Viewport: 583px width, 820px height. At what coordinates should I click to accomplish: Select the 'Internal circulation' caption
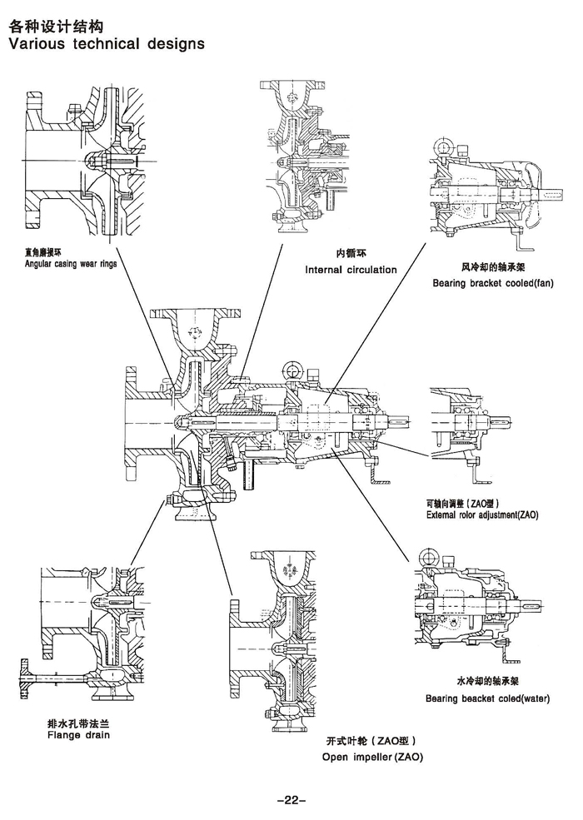click(x=351, y=270)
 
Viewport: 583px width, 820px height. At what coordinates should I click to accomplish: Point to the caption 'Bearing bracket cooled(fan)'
click(x=493, y=283)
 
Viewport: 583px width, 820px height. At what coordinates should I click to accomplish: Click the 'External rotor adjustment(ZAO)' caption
click(x=482, y=515)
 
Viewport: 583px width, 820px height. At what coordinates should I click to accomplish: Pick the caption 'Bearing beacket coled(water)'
click(x=487, y=698)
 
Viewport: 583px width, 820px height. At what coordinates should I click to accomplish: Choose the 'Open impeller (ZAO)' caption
click(x=372, y=757)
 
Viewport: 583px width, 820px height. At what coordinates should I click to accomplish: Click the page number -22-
click(x=291, y=800)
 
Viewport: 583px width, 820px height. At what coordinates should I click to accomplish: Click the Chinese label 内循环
click(x=351, y=253)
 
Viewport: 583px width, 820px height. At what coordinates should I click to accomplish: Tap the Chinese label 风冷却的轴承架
click(x=492, y=268)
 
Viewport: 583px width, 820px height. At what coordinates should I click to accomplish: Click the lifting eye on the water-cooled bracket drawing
click(x=431, y=556)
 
